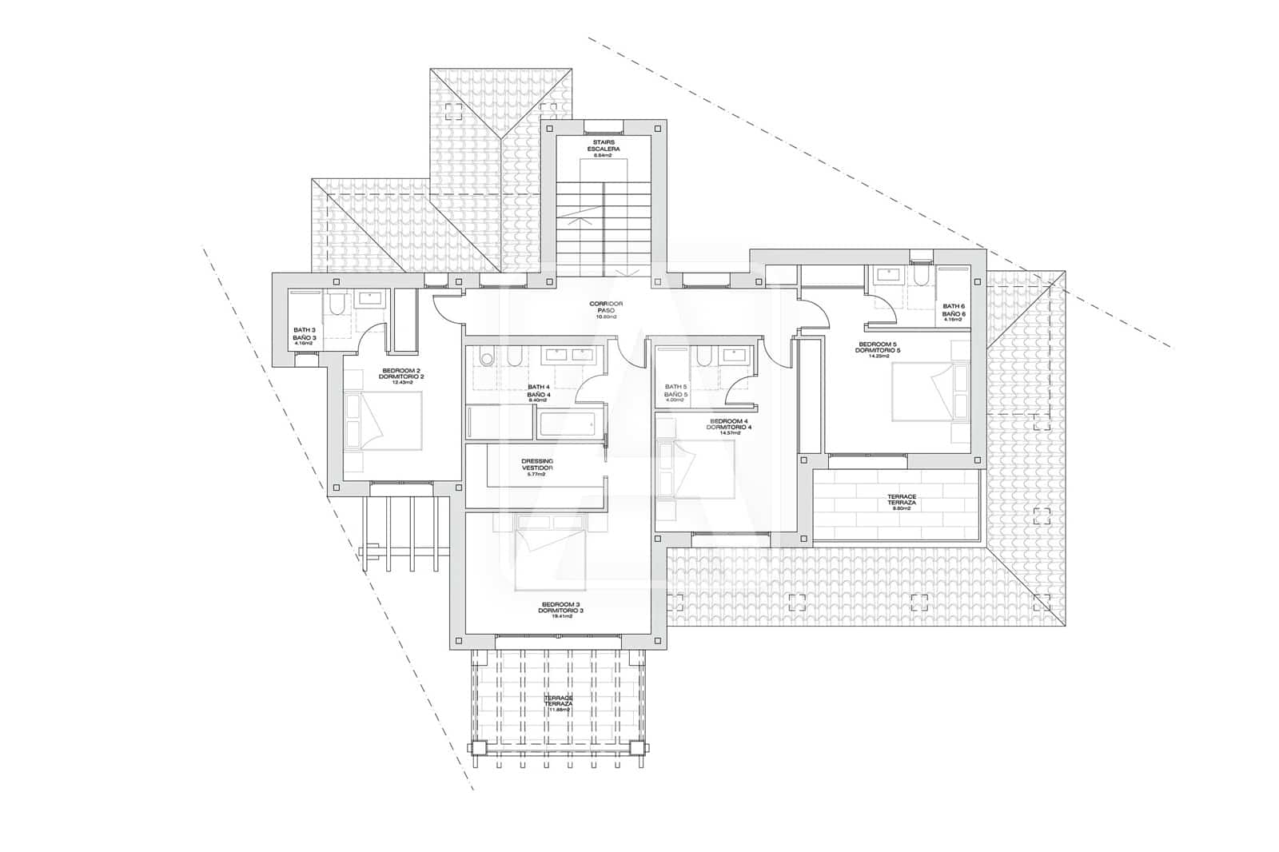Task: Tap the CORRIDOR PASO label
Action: tap(606, 309)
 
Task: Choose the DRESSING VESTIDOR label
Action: tap(536, 467)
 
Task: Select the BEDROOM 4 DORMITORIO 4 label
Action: tap(728, 428)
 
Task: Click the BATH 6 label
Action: tap(954, 312)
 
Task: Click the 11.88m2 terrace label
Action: tap(559, 703)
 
